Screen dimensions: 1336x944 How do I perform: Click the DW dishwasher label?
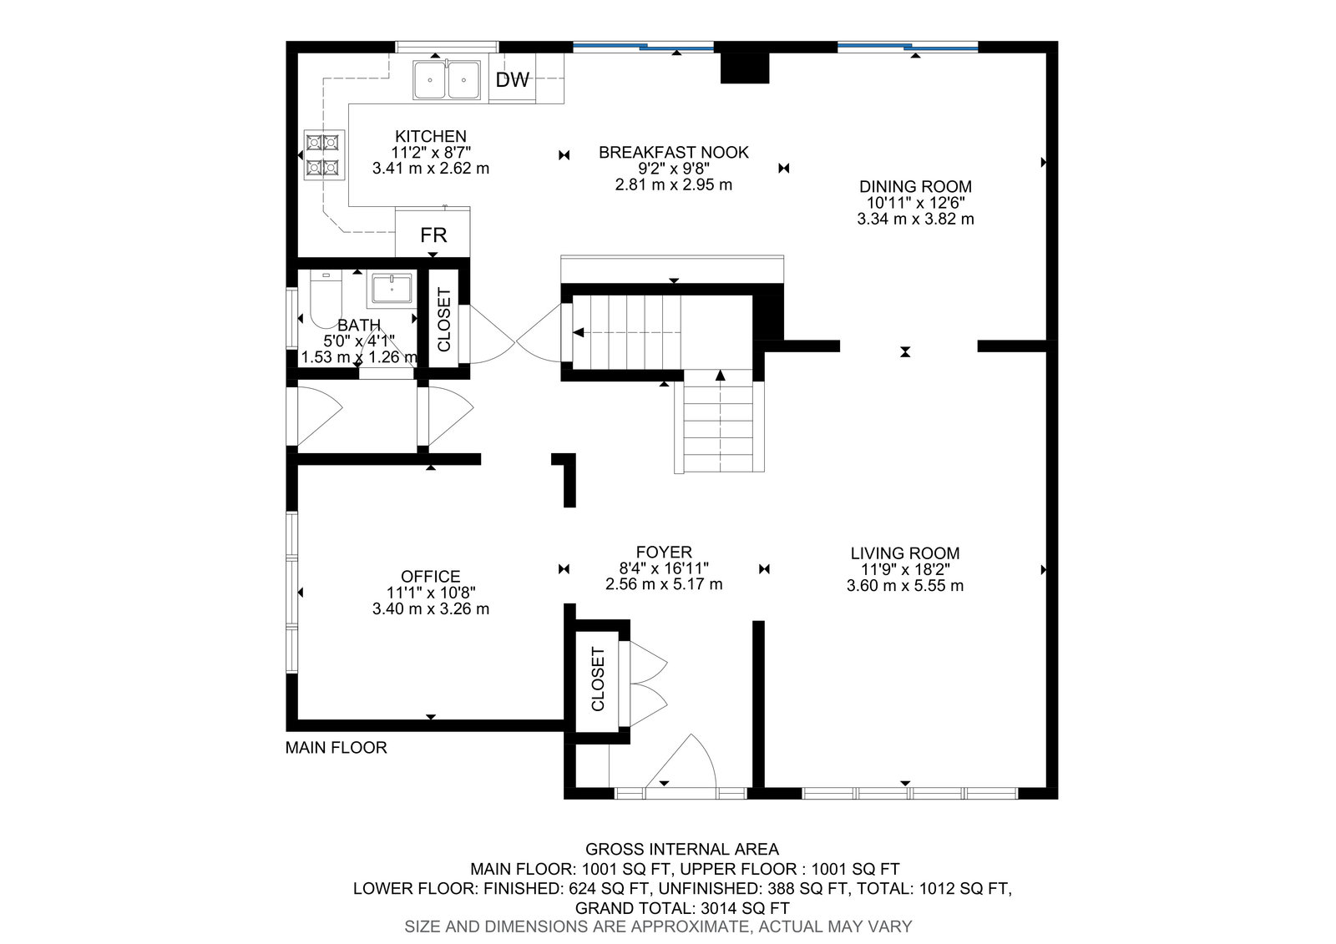[513, 79]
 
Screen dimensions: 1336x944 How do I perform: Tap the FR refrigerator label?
[433, 235]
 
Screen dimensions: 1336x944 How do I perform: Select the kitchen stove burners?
[325, 155]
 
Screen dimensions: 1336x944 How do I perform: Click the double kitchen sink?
[447, 80]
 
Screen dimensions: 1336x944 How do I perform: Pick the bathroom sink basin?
[392, 290]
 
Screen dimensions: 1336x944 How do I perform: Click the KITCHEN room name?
[431, 137]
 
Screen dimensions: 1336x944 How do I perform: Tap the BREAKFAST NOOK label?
[673, 153]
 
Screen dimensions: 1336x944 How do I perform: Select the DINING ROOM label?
[915, 187]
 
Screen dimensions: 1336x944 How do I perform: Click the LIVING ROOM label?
[905, 553]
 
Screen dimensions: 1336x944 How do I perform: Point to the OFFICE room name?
[431, 577]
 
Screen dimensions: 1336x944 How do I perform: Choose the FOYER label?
[664, 553]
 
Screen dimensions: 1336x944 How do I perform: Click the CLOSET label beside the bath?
[443, 320]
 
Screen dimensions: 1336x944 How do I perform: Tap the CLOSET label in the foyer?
[598, 679]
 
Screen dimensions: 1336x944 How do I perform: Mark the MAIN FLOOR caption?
[336, 748]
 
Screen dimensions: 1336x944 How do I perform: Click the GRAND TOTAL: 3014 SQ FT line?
[681, 908]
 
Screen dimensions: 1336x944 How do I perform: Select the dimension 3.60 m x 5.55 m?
[905, 586]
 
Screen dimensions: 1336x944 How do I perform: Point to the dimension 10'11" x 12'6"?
[915, 203]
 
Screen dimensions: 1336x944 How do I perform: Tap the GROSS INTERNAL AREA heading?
[681, 849]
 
